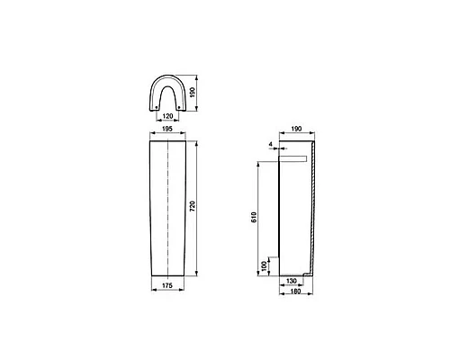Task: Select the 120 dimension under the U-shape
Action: pyautogui.click(x=166, y=116)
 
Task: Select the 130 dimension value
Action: pyautogui.click(x=292, y=282)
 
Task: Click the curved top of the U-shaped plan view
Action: pyautogui.click(x=166, y=77)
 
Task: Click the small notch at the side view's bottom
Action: pyautogui.click(x=310, y=271)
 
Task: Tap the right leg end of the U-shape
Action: pyautogui.click(x=181, y=109)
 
